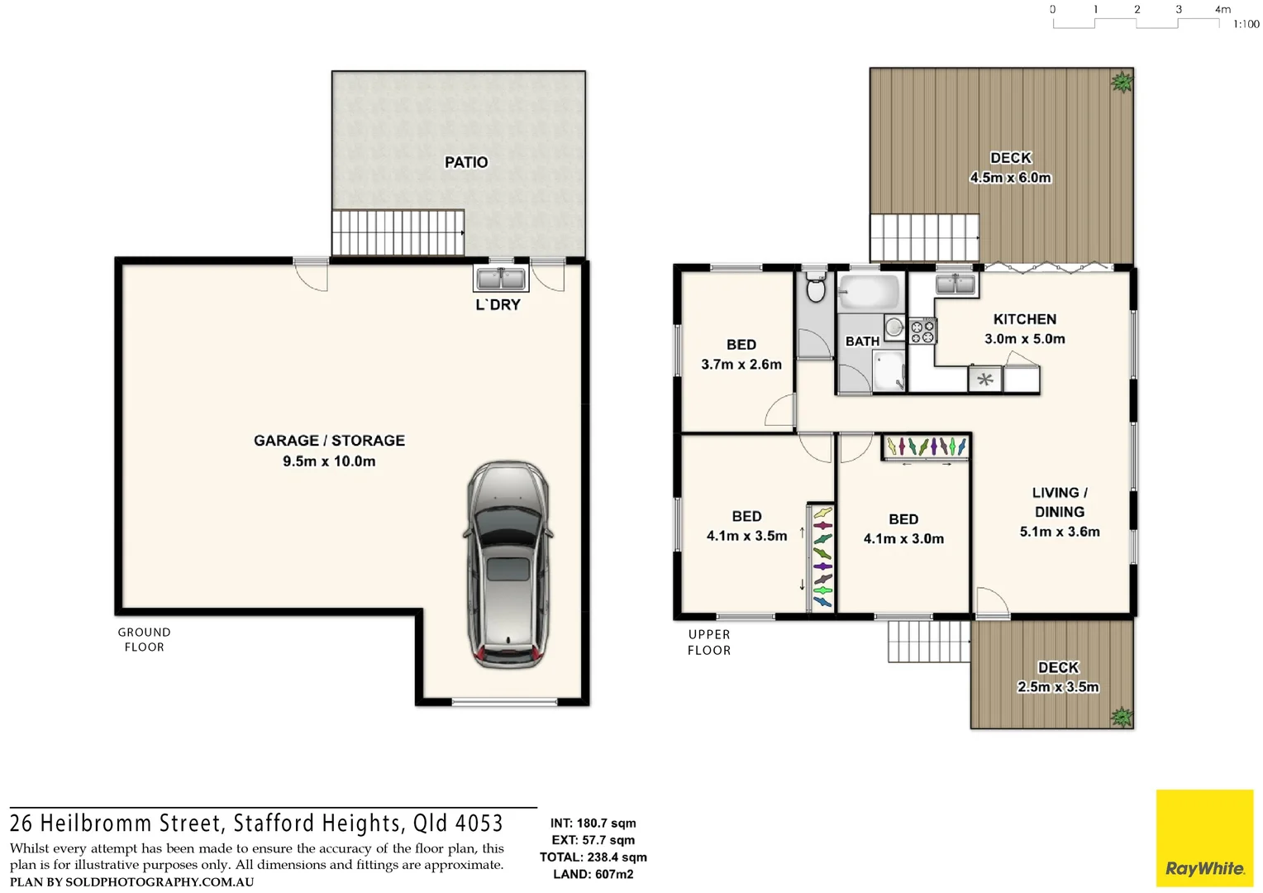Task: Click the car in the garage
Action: (508, 565)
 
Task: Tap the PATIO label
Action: (466, 162)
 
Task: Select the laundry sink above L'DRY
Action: (501, 278)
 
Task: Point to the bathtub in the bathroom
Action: (868, 293)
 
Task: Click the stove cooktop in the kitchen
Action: (922, 332)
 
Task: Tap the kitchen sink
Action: (956, 284)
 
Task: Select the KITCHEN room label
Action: (1024, 319)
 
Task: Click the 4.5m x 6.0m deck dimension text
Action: (1010, 178)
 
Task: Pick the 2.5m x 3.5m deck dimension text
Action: (1058, 687)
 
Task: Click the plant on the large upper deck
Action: (1122, 82)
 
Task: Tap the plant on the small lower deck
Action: (1121, 716)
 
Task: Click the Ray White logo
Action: (1204, 838)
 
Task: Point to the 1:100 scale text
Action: (1246, 25)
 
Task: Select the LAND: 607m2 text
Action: (593, 874)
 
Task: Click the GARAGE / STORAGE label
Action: (329, 441)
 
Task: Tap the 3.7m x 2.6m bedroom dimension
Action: (741, 365)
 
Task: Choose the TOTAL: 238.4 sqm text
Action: (593, 857)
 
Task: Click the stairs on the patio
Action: (398, 232)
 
